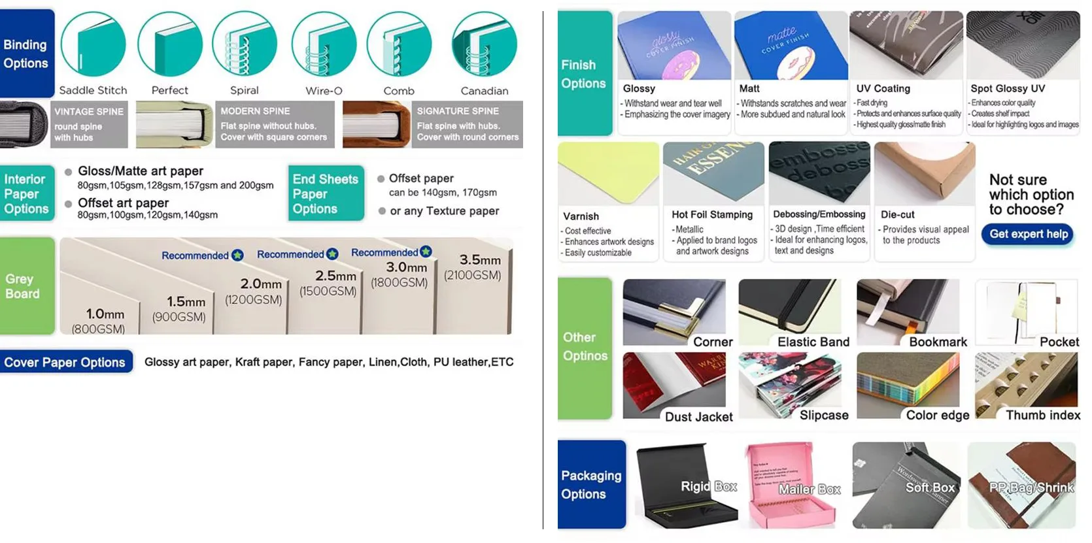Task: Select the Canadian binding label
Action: pyautogui.click(x=484, y=91)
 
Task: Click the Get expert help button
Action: pyautogui.click(x=1028, y=234)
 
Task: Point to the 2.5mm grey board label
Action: pyautogui.click(x=335, y=276)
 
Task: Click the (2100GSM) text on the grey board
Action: pyautogui.click(x=472, y=275)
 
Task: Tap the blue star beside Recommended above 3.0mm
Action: pyautogui.click(x=426, y=252)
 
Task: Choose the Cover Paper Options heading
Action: pyautogui.click(x=65, y=362)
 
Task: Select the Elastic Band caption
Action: pyautogui.click(x=813, y=342)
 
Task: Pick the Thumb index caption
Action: pyautogui.click(x=1042, y=415)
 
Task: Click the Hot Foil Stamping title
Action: pyautogui.click(x=711, y=214)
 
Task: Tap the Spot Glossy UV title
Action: pyautogui.click(x=1007, y=88)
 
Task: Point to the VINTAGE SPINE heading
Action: pyautogui.click(x=89, y=111)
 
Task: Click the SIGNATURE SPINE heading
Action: pyautogui.click(x=458, y=111)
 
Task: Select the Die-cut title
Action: pyautogui.click(x=897, y=214)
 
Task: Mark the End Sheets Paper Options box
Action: pyautogui.click(x=325, y=193)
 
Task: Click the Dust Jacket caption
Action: pyautogui.click(x=698, y=416)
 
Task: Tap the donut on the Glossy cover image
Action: pyautogui.click(x=680, y=66)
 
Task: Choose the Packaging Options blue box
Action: pyautogui.click(x=591, y=484)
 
